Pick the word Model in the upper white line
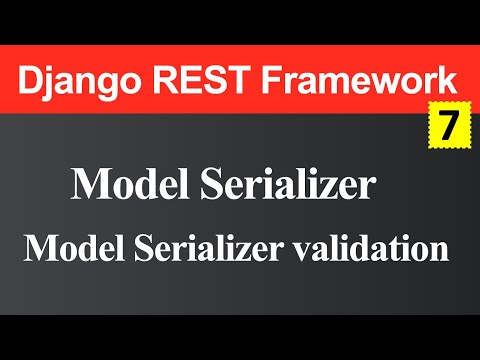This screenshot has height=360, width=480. point(121,186)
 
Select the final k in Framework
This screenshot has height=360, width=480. point(451,78)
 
